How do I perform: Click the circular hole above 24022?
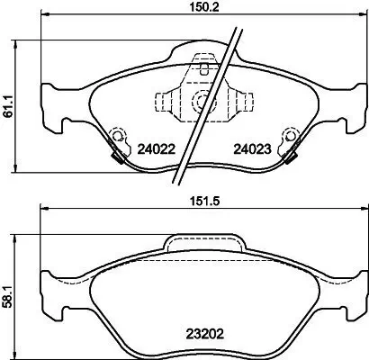pyautogui.click(x=114, y=137)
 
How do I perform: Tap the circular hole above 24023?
pyautogui.click(x=290, y=137)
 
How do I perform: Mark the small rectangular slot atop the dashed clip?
pyautogui.click(x=208, y=66)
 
